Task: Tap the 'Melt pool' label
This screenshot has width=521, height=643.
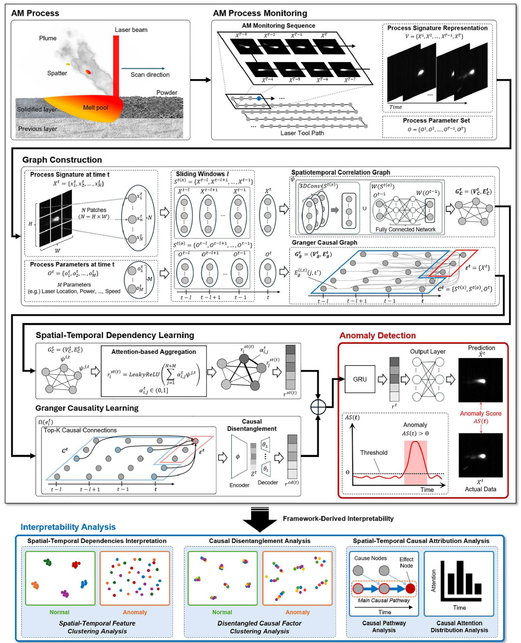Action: [x=95, y=108]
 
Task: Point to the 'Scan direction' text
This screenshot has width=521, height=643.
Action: [x=150, y=75]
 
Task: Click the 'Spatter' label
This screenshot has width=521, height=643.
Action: [x=57, y=73]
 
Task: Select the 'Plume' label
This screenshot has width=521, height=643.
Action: [x=47, y=38]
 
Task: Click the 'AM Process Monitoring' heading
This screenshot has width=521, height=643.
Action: [x=260, y=13]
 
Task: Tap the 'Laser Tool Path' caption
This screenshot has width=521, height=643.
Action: [x=302, y=133]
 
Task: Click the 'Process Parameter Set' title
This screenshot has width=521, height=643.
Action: [x=436, y=120]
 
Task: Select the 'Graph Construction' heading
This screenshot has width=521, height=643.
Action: [x=62, y=160]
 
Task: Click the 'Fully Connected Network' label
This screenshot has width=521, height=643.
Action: [x=405, y=229]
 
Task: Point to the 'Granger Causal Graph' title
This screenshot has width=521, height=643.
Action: [x=324, y=242]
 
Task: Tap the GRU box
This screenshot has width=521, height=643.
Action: [x=360, y=379]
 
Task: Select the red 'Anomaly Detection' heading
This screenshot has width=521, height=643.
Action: [x=378, y=336]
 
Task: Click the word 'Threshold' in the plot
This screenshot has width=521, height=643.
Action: [x=374, y=452]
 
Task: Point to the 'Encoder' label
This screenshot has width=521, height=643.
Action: [x=239, y=485]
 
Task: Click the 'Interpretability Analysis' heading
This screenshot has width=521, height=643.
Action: [x=68, y=527]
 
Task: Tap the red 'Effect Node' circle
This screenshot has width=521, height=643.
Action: [x=411, y=589]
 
